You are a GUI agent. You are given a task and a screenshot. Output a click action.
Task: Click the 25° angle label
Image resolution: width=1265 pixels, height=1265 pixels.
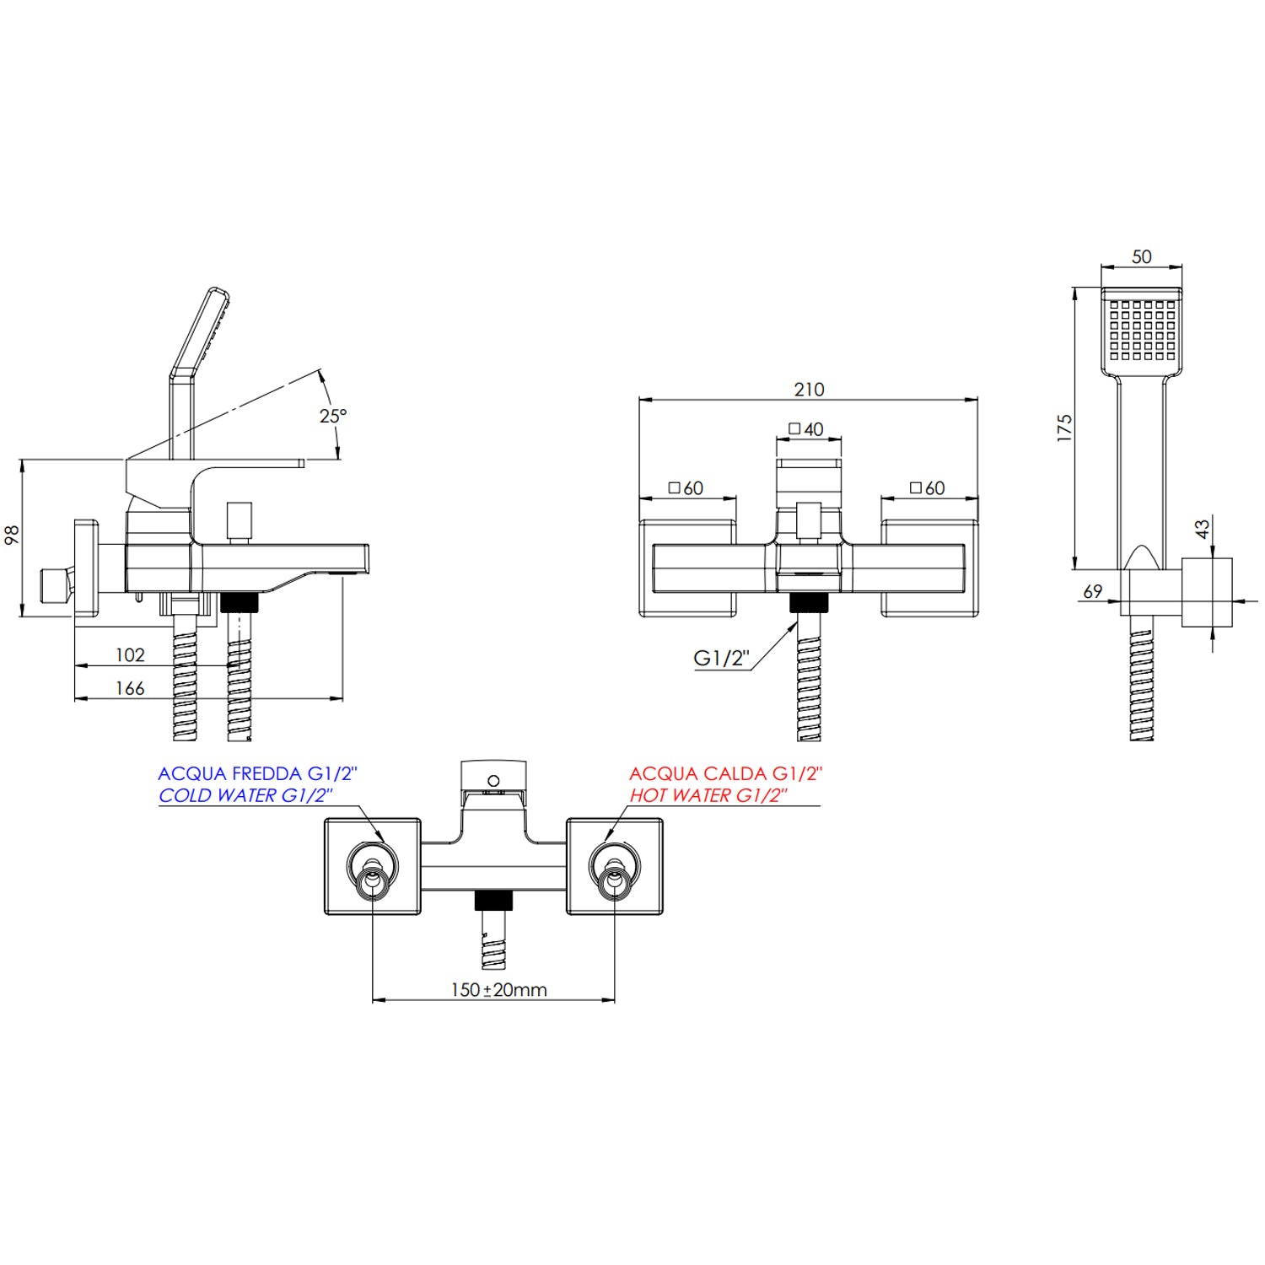point(333,416)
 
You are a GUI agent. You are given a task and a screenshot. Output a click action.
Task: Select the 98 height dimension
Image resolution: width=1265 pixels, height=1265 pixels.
point(13,535)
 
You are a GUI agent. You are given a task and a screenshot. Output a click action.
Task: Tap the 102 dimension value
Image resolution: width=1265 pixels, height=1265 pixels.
point(130,655)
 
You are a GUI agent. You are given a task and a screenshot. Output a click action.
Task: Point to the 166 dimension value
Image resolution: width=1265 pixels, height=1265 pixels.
point(130,689)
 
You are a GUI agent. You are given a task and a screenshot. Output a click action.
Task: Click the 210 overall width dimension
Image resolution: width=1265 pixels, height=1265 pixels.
point(809,390)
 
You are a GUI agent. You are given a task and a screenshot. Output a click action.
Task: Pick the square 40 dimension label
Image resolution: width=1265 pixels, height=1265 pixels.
point(806,429)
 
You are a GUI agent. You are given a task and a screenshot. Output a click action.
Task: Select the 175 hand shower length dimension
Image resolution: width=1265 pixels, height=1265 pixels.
point(1064,428)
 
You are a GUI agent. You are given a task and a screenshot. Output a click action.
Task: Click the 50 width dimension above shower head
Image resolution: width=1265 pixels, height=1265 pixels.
point(1141,257)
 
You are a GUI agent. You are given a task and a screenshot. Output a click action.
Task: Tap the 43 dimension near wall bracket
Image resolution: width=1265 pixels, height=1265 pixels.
point(1203,529)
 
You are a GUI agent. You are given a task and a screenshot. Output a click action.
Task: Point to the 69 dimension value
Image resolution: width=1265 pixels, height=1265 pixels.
point(1092,592)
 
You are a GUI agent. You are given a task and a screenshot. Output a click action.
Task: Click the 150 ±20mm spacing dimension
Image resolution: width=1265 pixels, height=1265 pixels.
point(498,990)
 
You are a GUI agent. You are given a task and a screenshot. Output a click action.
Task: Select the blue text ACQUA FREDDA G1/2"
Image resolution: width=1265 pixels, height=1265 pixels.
point(257,773)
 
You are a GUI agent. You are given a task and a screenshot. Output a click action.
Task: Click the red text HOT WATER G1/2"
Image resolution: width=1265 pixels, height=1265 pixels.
point(708,795)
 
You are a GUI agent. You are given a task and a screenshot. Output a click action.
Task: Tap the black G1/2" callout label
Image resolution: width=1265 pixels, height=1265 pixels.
point(721,659)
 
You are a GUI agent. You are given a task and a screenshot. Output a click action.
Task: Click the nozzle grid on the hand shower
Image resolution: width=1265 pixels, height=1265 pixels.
point(1142,330)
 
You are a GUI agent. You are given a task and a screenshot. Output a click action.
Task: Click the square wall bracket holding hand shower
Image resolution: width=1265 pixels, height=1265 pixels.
point(1207,592)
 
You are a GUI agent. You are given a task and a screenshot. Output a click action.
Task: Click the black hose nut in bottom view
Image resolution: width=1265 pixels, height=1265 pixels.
point(493,901)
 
